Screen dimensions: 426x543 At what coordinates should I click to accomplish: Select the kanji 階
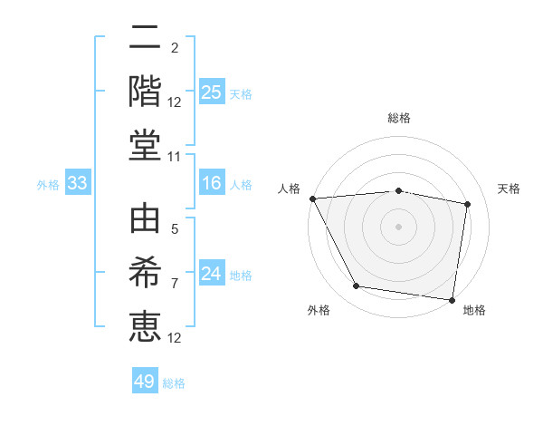click(145, 91)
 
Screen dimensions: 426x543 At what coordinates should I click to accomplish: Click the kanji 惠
click(145, 326)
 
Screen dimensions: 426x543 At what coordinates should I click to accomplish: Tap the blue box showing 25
click(211, 92)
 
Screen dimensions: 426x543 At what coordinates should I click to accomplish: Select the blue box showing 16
click(211, 184)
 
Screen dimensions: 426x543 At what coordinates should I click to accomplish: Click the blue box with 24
click(211, 274)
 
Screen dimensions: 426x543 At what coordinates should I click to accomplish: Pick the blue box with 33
click(77, 184)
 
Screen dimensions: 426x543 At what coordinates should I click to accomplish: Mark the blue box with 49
click(145, 382)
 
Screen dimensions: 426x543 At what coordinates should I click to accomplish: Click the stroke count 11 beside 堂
click(176, 158)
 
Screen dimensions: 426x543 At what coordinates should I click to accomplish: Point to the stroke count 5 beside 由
click(176, 228)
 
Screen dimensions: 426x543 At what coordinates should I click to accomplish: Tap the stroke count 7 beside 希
click(176, 283)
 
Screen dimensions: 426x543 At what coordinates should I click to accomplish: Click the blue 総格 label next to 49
click(175, 383)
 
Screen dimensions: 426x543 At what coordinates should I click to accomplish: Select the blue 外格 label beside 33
click(48, 185)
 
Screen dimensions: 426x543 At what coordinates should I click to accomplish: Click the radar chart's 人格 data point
click(312, 198)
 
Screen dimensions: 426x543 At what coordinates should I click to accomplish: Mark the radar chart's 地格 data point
click(452, 299)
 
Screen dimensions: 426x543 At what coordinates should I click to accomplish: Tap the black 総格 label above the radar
click(399, 118)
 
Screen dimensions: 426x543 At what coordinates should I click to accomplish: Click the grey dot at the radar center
click(399, 226)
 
